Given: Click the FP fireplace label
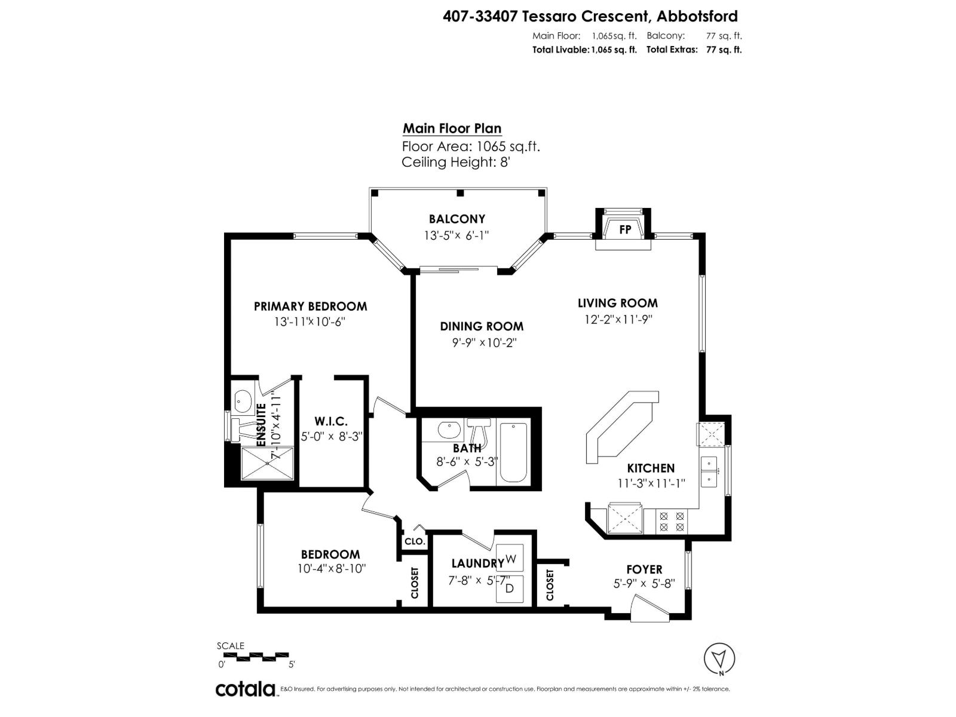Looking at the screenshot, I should point(625,229).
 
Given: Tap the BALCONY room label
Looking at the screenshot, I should point(456,219).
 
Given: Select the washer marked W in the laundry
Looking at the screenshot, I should point(510,559).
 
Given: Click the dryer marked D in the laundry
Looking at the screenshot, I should point(510,589).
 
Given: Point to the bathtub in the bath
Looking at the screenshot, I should point(513,453).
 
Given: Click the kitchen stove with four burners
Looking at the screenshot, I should point(672,522).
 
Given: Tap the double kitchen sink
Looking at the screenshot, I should point(709,471).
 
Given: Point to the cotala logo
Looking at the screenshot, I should point(246,689).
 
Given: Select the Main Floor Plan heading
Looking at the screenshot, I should point(452,128).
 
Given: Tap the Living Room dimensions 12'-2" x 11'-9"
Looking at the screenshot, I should point(618,320).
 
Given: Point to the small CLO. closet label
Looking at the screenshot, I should point(415,541).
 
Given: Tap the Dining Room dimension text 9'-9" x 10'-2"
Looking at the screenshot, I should point(484,343).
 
